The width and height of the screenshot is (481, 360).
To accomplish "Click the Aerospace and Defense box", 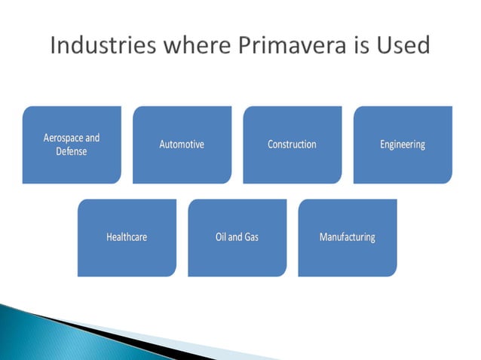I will pyautogui.click(x=72, y=145).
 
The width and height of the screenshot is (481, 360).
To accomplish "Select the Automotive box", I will pyautogui.click(x=182, y=145).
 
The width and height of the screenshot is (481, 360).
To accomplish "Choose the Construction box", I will pyautogui.click(x=292, y=145).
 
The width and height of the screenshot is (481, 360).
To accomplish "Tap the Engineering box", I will pyautogui.click(x=403, y=145).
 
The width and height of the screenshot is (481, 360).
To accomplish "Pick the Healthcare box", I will pyautogui.click(x=127, y=237).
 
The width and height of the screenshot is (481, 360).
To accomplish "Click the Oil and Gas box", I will pyautogui.click(x=237, y=237).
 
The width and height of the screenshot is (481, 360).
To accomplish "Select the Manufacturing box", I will pyautogui.click(x=347, y=237).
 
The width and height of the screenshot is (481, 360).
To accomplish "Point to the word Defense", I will pyautogui.click(x=72, y=151).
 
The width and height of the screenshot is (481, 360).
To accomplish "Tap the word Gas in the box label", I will pyautogui.click(x=251, y=237).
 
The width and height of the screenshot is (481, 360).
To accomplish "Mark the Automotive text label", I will pyautogui.click(x=182, y=145).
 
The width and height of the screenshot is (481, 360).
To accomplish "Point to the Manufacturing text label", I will pyautogui.click(x=347, y=237).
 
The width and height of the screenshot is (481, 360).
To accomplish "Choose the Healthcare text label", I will pyautogui.click(x=127, y=237).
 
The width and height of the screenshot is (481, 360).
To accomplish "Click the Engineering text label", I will pyautogui.click(x=403, y=145).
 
